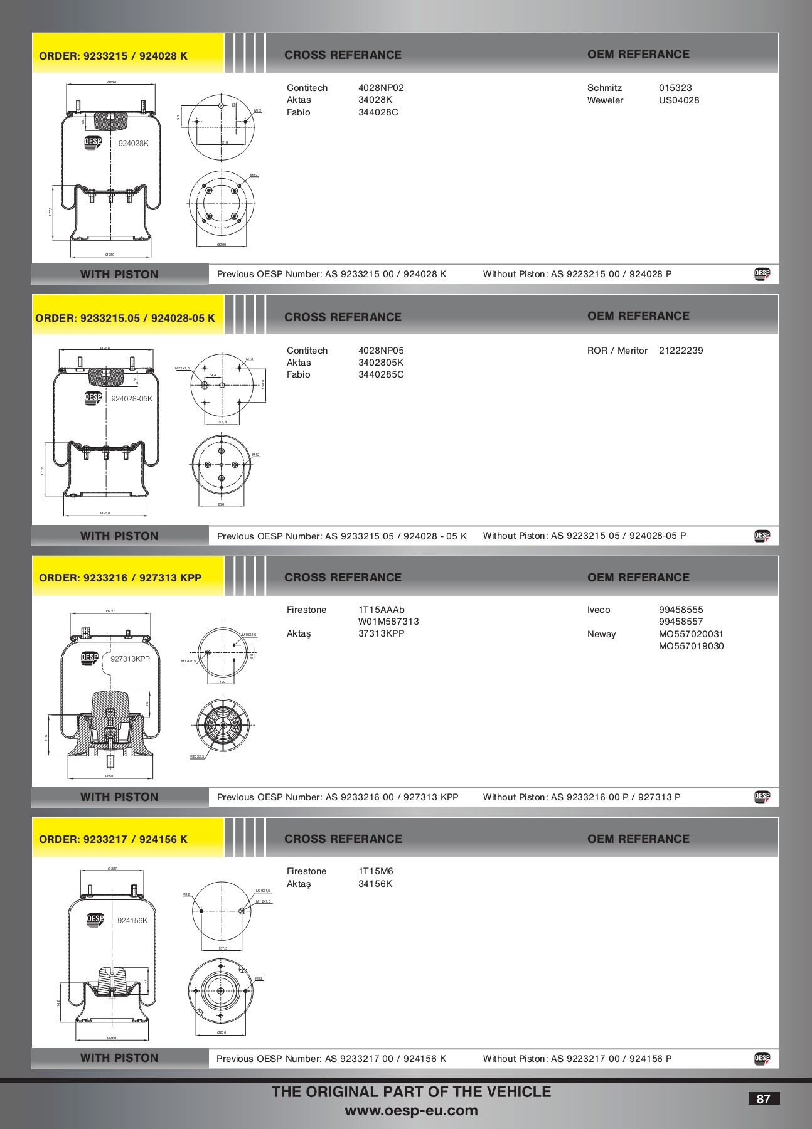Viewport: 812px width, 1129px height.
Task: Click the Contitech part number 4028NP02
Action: coord(380,88)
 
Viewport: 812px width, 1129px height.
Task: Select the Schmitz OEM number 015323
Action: coord(675,88)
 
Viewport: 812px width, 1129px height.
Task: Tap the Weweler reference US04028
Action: coord(678,100)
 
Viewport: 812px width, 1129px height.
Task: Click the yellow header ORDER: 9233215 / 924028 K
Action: coord(114,55)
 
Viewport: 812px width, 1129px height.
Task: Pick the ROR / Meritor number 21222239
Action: coord(680,351)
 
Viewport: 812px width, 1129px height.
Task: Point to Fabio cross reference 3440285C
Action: coord(380,374)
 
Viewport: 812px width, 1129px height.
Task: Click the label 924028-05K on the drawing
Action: coord(132,398)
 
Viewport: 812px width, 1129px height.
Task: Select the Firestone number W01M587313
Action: coord(388,622)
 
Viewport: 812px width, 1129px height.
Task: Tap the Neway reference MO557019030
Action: coord(691,646)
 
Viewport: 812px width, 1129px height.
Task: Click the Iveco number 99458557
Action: coord(680,622)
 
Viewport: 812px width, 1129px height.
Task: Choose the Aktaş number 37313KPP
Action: coord(381,633)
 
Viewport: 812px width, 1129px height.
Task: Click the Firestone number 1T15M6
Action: coord(375,871)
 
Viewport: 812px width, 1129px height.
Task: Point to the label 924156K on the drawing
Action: coord(132,920)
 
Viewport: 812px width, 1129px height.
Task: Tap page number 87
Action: coord(763,1099)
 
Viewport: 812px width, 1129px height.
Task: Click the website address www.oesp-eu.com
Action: coord(411,1111)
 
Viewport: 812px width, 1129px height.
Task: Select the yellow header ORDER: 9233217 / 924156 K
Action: coord(114,839)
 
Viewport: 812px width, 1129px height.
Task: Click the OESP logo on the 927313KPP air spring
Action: coord(90,658)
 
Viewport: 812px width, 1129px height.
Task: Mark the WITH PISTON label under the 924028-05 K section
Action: coord(119,536)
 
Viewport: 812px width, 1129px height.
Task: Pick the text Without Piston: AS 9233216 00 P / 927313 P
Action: coord(581,797)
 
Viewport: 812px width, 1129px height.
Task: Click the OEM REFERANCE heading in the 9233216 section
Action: coord(638,577)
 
